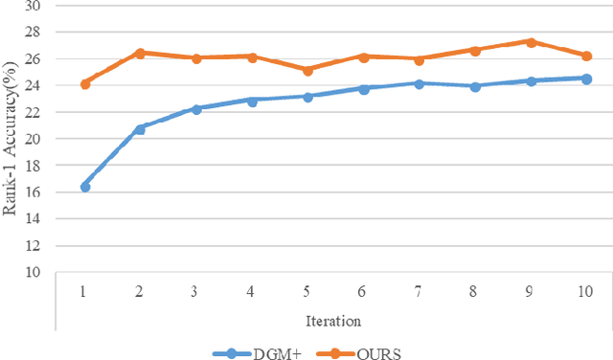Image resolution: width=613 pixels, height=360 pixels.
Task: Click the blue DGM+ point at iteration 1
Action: coord(85,187)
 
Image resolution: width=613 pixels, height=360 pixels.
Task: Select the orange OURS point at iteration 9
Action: coord(531,42)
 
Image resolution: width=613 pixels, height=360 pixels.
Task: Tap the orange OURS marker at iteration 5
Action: coord(307,70)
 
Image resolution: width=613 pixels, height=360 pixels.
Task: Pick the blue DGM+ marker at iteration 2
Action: coord(141,128)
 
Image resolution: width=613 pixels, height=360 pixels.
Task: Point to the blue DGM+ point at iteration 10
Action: coord(586,79)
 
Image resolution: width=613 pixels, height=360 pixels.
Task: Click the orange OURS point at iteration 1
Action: coord(85,83)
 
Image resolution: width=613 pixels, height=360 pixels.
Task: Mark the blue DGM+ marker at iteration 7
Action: coord(419,83)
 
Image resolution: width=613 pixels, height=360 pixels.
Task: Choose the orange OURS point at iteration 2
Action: coord(141,53)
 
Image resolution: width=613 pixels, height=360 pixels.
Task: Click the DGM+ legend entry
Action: coord(256,350)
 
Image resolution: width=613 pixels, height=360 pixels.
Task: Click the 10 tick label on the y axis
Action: coord(35,272)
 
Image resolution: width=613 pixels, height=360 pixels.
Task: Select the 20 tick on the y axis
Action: coord(35,139)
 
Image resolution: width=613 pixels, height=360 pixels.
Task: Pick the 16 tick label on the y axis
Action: coord(35,192)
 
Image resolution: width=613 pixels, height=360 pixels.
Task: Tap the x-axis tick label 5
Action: coord(307,289)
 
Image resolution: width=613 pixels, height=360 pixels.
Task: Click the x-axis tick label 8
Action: coord(474,289)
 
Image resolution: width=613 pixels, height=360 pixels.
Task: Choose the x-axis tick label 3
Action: coord(196,289)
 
